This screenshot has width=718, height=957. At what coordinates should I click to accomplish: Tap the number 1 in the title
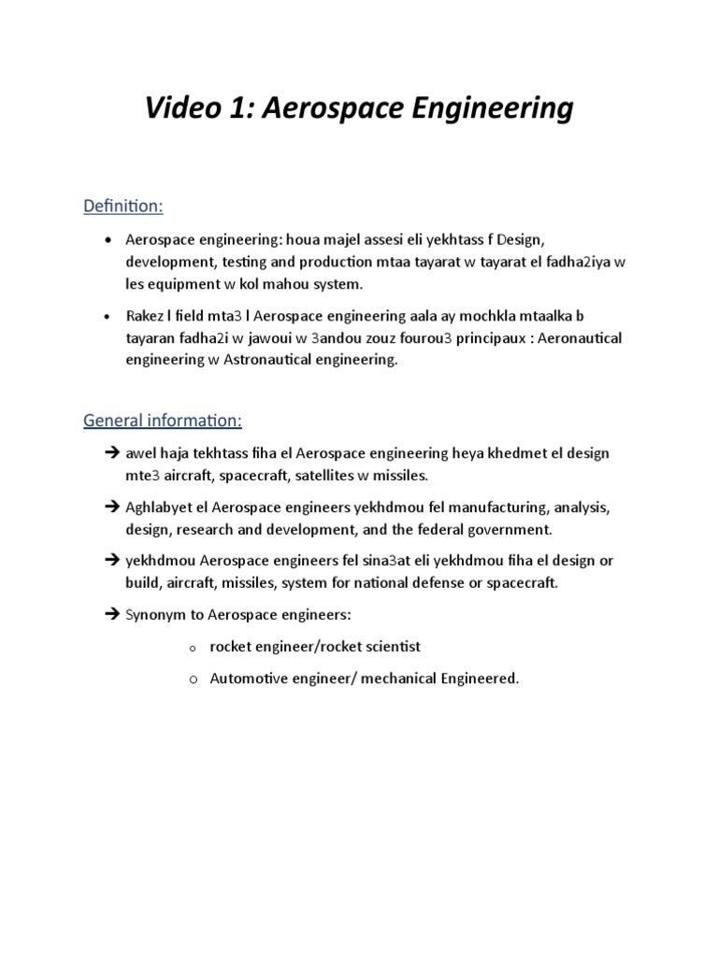click(247, 108)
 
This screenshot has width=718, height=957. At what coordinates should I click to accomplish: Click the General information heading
click(163, 421)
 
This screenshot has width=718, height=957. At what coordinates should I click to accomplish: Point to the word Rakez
click(148, 316)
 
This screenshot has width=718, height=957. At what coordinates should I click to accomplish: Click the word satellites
click(331, 476)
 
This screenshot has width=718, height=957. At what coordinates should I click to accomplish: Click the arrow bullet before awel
click(112, 453)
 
